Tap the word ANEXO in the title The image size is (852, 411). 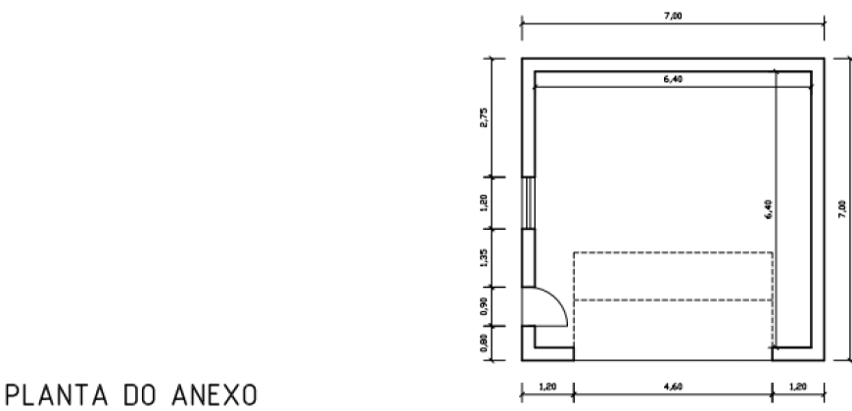(214, 394)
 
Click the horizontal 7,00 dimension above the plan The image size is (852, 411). (673, 16)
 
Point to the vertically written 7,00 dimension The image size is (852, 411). (842, 209)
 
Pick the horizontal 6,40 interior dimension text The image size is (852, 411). (673, 79)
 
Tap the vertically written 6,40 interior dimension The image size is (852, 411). (768, 209)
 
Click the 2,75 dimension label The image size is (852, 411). (484, 117)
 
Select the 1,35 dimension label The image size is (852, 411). (484, 258)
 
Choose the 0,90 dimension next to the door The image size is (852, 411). (484, 306)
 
